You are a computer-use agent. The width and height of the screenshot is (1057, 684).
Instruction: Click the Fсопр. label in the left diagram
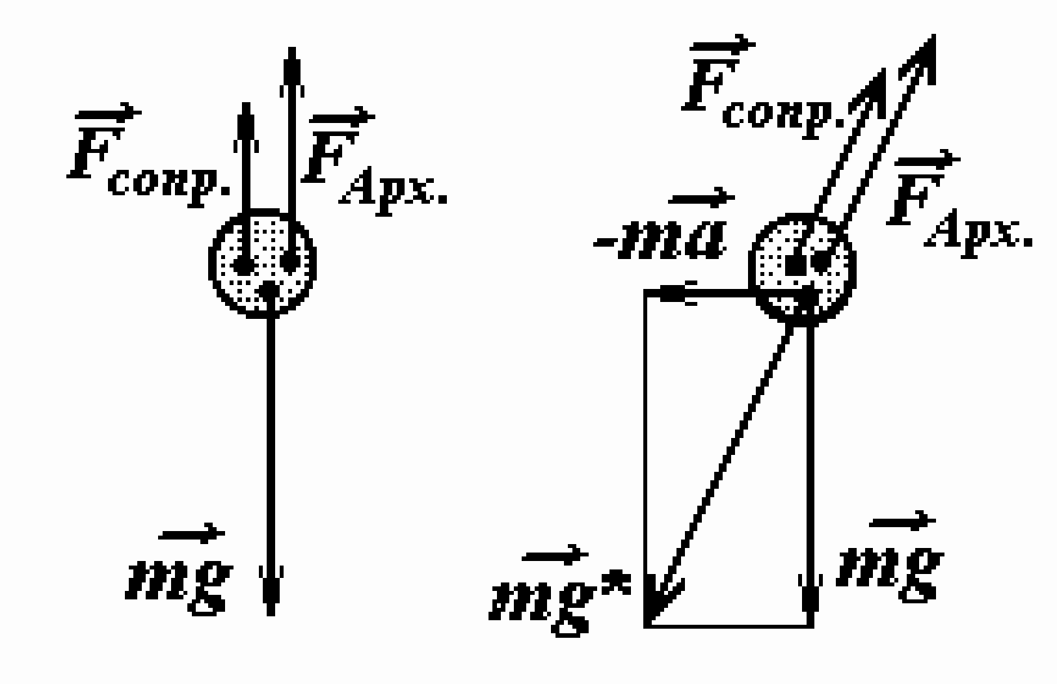149,156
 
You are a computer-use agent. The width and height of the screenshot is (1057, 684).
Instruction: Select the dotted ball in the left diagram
262,264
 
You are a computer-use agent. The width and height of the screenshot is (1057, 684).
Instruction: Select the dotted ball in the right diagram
802,269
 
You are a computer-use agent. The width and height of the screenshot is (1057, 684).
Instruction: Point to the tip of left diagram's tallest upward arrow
292,48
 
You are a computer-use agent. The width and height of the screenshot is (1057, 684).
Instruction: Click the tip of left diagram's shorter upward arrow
246,103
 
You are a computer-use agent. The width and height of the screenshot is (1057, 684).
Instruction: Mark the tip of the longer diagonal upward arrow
933,35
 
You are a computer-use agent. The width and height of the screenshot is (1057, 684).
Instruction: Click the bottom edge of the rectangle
729,627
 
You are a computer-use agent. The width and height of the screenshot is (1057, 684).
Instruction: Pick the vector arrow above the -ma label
701,197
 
